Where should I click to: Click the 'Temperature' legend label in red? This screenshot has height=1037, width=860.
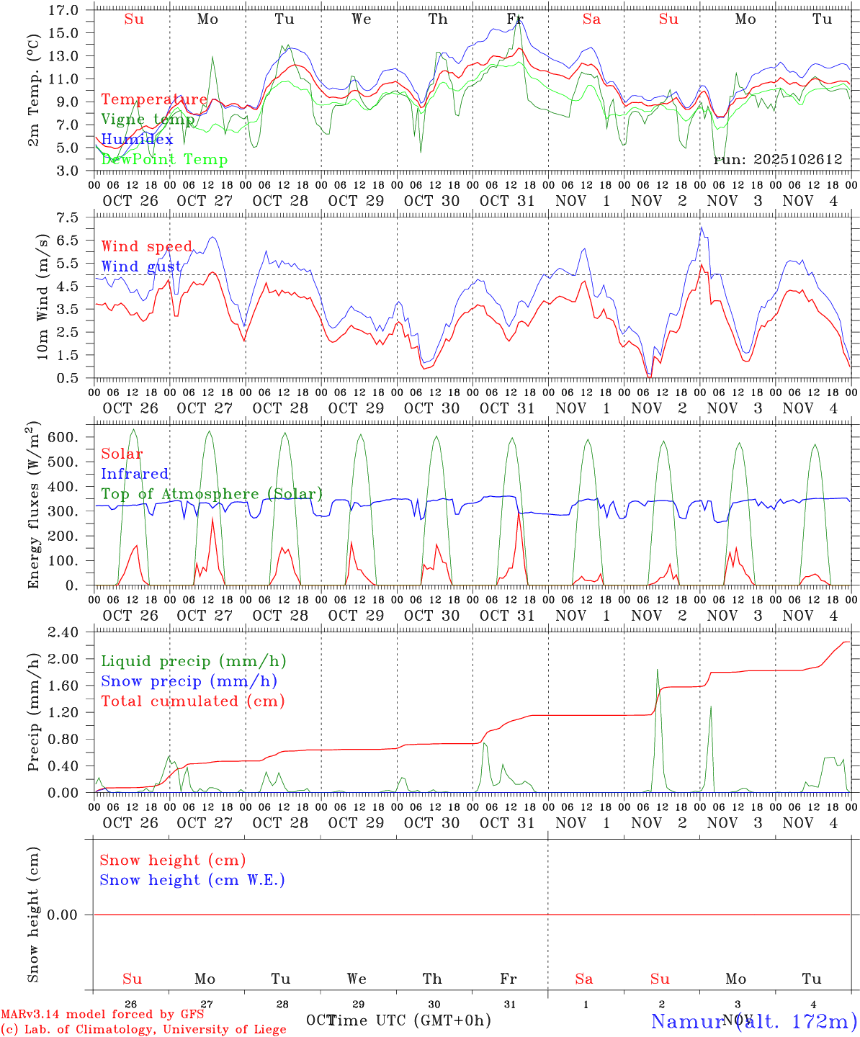[x=154, y=99]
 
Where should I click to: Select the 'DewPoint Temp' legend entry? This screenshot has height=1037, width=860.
[x=164, y=159]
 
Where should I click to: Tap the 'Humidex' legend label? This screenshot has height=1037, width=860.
[x=137, y=139]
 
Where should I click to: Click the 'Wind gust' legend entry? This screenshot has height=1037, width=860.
[x=141, y=266]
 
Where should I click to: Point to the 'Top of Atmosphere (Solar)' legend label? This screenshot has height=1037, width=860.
[x=212, y=494]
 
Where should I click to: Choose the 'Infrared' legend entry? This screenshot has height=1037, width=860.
[x=135, y=474]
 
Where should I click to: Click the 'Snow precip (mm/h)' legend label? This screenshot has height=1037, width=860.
[x=189, y=681]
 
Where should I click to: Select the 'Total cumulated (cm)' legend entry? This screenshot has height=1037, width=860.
[x=192, y=701]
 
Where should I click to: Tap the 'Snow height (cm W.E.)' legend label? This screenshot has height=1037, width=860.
[x=192, y=880]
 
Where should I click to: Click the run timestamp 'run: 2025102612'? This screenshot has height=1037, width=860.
[x=778, y=159]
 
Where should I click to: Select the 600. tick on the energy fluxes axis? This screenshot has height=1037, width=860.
[x=63, y=437]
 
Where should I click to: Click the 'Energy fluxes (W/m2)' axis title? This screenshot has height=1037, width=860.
[x=32, y=507]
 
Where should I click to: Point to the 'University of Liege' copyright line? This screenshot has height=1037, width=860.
[x=143, y=1029]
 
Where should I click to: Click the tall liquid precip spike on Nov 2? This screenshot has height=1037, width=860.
[x=657, y=671]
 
